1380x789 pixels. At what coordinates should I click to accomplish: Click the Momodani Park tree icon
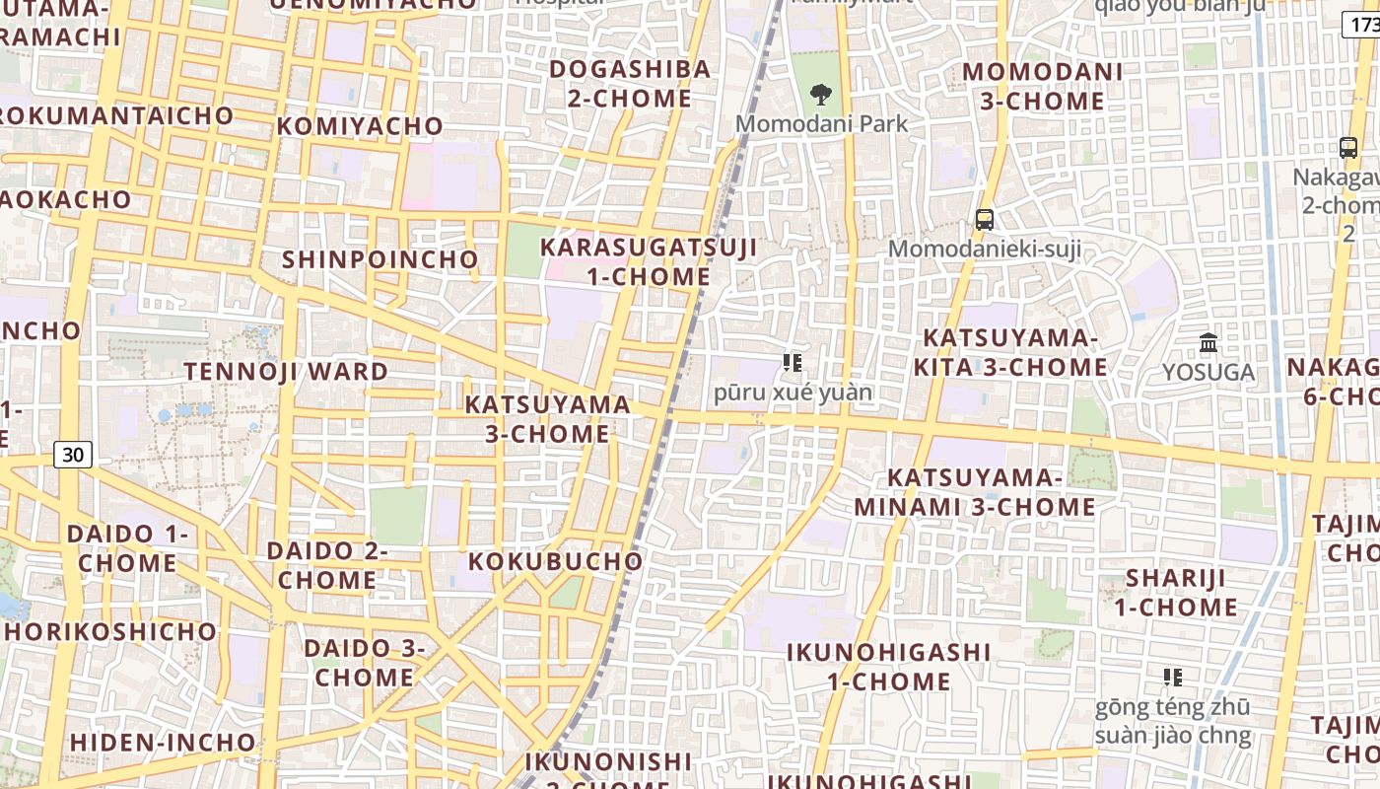point(820,95)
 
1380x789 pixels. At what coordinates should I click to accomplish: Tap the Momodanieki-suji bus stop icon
point(984,220)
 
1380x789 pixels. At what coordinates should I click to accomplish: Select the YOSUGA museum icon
point(1208,343)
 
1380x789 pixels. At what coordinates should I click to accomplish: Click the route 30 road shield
point(73,455)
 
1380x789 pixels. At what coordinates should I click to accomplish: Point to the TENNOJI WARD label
point(286,372)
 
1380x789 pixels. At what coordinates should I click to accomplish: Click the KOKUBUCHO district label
point(555,561)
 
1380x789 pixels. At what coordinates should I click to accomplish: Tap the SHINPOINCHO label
point(380,259)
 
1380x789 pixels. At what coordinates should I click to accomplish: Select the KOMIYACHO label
point(360,126)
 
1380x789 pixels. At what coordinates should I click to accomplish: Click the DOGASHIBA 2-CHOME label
point(630,84)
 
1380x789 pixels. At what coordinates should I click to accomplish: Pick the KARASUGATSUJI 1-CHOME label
point(649,261)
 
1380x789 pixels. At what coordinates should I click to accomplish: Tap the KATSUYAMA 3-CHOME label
point(548,419)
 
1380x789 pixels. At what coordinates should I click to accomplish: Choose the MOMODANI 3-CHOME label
point(1043,87)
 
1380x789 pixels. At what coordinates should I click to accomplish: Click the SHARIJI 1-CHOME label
point(1176,592)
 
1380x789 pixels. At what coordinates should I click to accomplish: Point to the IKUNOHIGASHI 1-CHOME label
point(888,667)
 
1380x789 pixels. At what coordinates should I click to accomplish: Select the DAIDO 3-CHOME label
point(365,663)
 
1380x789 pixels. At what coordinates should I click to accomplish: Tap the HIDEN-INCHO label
point(163,742)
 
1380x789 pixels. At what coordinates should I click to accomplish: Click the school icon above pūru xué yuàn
point(792,363)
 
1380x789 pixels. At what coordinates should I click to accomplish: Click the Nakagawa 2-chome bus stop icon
point(1348,148)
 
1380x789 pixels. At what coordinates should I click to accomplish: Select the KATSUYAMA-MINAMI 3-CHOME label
point(975,492)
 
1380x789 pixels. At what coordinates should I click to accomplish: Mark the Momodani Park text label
point(822,124)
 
